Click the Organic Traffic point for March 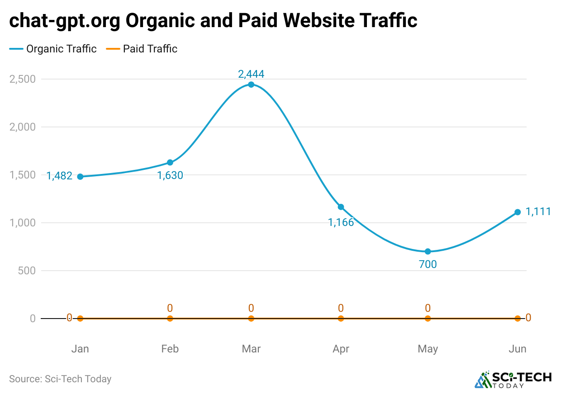251,84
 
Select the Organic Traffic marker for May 428,251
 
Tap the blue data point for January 80,177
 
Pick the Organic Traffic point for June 518,212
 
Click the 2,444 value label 251,74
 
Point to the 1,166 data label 341,222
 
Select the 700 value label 428,265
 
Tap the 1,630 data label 170,175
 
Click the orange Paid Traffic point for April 341,319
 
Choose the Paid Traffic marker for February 170,319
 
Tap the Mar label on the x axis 251,349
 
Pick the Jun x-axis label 518,349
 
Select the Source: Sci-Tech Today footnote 60,379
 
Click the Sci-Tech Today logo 513,380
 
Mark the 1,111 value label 538,211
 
